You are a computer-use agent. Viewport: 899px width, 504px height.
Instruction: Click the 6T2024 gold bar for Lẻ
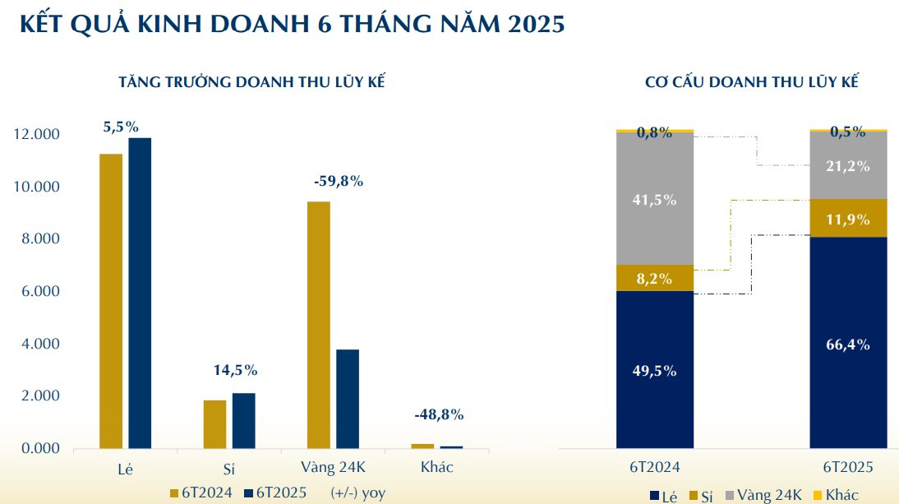pyautogui.click(x=111, y=301)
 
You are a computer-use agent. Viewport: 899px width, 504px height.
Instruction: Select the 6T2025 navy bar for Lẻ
pyautogui.click(x=140, y=293)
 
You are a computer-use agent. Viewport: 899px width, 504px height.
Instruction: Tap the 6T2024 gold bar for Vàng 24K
pyautogui.click(x=319, y=325)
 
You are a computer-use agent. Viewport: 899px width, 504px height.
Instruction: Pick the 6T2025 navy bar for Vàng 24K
pyautogui.click(x=348, y=399)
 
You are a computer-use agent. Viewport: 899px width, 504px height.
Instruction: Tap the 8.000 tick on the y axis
pyautogui.click(x=37, y=239)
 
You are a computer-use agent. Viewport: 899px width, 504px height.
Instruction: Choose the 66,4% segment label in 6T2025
pyautogui.click(x=849, y=344)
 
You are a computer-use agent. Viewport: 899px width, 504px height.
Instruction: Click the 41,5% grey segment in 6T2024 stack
pyautogui.click(x=655, y=198)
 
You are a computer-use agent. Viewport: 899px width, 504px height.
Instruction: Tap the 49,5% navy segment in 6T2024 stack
pyautogui.click(x=655, y=371)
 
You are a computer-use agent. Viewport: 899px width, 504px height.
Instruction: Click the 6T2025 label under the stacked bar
pyautogui.click(x=849, y=468)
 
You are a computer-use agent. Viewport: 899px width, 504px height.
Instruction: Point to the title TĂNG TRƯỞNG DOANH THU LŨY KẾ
pyautogui.click(x=252, y=83)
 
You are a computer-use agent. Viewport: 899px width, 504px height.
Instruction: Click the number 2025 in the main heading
pyautogui.click(x=532, y=25)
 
